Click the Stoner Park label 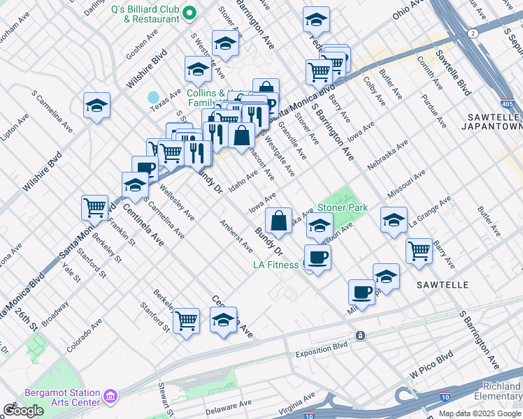pos(343,207)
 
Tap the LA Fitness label pos(275,264)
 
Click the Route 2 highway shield pos(474,34)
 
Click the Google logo pos(23,411)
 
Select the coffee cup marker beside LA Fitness pos(317,257)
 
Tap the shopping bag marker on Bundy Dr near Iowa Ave pos(278,220)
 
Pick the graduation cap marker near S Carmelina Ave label pos(96,106)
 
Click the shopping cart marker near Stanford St pos(186,321)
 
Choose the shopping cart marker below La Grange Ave pos(419,250)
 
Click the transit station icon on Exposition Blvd pos(360,335)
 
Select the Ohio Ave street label pos(408,11)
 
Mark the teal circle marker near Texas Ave pos(153,96)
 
